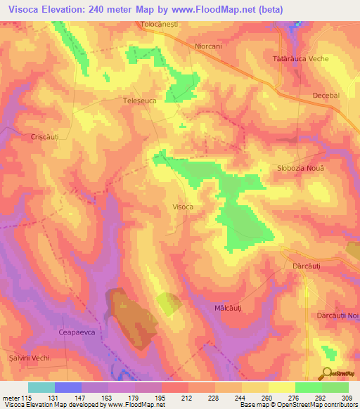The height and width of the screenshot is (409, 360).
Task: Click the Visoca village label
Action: pos(183,207)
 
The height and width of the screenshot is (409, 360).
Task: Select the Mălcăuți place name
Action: pos(227,309)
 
